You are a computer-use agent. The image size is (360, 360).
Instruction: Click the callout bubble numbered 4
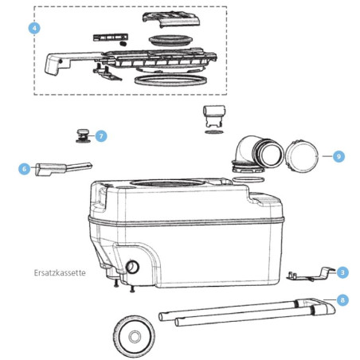(x=33, y=28)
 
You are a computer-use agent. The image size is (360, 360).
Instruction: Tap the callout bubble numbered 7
(x=101, y=136)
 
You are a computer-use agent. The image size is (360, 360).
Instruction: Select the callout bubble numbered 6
(x=24, y=168)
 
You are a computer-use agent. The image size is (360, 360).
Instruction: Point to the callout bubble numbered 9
(x=338, y=157)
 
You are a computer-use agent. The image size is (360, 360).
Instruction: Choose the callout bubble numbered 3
(x=342, y=272)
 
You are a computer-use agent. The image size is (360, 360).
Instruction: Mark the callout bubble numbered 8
(x=342, y=300)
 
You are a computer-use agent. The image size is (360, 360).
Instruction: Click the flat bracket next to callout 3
(x=310, y=274)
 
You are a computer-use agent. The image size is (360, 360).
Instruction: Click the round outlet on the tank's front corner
(x=133, y=265)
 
